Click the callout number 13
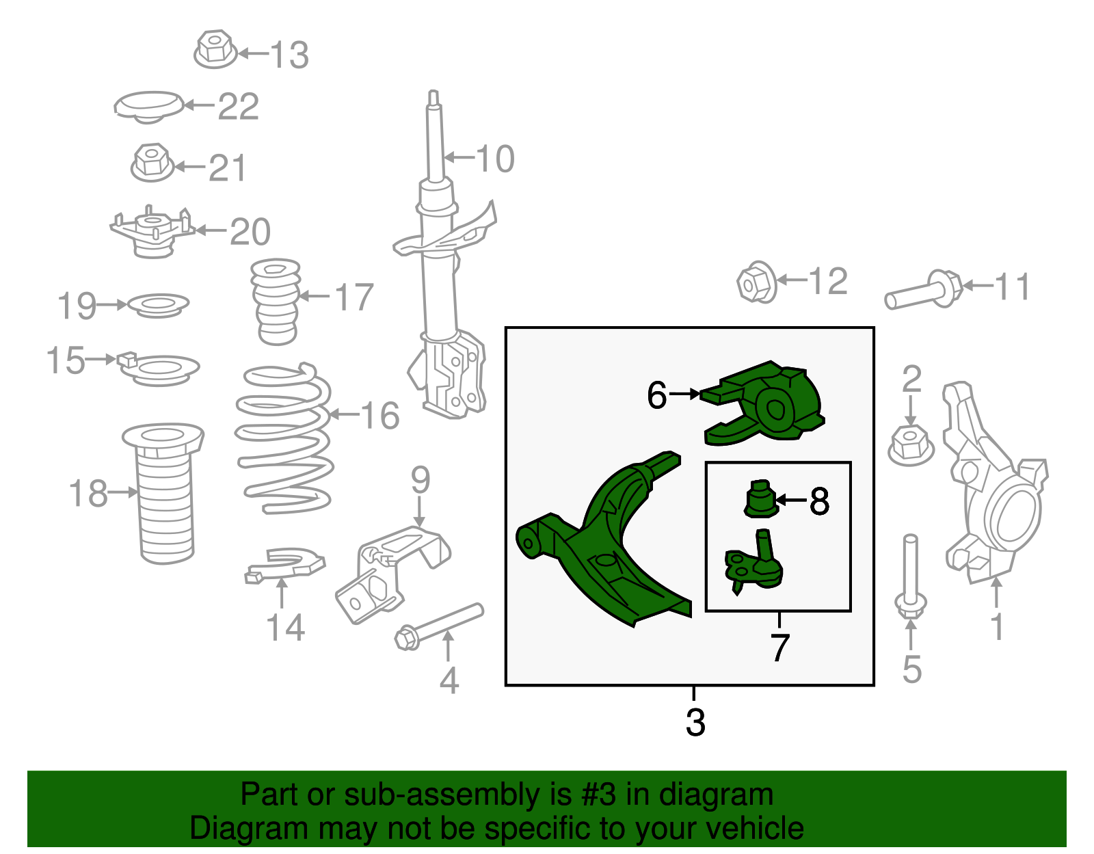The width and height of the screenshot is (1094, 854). click(290, 55)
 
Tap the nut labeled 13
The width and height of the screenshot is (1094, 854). click(215, 49)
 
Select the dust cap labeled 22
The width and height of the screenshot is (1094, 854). click(148, 107)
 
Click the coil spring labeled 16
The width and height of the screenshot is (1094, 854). click(284, 438)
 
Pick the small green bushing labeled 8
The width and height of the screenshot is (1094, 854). click(760, 499)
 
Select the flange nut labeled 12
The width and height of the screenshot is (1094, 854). click(757, 282)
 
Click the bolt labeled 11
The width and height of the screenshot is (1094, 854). click(923, 291)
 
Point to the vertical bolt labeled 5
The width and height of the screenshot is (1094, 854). click(910, 578)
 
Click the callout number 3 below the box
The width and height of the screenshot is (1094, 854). click(695, 722)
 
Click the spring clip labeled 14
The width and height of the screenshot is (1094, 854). click(284, 565)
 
